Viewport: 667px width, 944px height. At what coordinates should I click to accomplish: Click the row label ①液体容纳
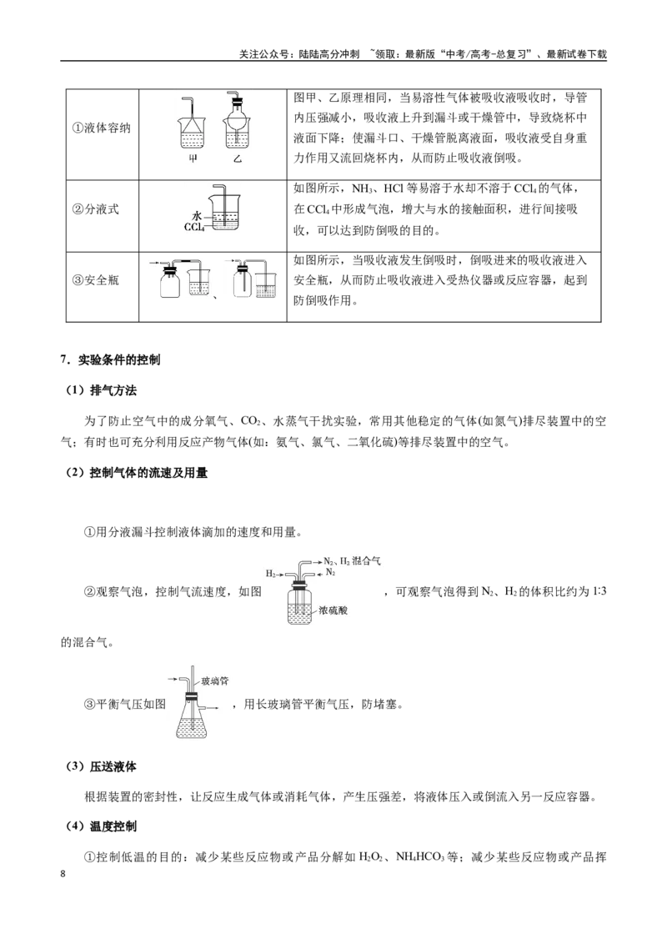click(x=101, y=128)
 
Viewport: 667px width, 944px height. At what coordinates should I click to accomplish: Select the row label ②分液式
click(x=95, y=209)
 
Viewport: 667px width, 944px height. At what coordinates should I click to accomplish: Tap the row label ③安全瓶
click(x=95, y=280)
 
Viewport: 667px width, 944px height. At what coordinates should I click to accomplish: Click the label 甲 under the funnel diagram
click(x=193, y=160)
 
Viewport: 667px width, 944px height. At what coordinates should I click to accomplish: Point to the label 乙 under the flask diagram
click(x=238, y=160)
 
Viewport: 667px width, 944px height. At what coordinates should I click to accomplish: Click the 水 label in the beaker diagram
click(x=196, y=215)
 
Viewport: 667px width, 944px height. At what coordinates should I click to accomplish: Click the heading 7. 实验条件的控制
click(x=110, y=360)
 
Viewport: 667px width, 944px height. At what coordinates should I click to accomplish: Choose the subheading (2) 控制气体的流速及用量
click(x=137, y=473)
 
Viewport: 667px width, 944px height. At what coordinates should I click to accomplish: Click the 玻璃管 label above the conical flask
click(x=214, y=681)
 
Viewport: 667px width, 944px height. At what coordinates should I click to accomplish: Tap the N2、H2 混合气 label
click(x=352, y=560)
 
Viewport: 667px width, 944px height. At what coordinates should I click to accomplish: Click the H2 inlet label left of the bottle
click(x=271, y=573)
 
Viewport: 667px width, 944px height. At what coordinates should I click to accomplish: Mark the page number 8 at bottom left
click(x=63, y=874)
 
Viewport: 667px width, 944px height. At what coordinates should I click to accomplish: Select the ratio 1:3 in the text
click(x=599, y=591)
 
